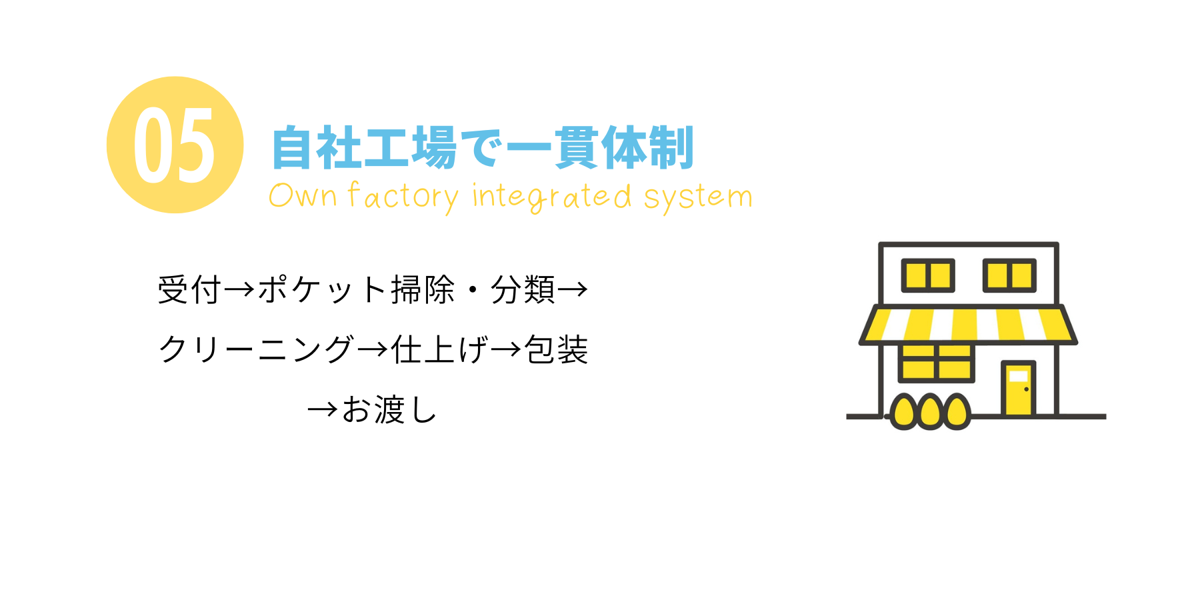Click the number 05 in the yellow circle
175,145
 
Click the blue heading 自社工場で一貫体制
483,147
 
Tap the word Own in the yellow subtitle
303,196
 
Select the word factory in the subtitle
403,197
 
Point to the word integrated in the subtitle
551,197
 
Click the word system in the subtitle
698,197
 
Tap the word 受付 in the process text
189,290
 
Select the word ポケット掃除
356,290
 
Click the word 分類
523,290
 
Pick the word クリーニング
256,349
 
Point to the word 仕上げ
440,349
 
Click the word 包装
556,349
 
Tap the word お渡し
389,409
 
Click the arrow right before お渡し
323,409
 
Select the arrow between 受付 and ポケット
239,290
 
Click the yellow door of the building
1018,388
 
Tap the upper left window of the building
927,275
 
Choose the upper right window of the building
1009,275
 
